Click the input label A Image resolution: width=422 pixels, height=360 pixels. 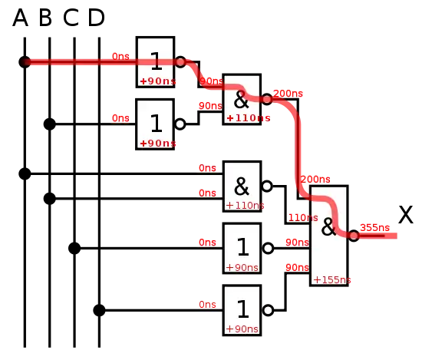[x=20, y=18]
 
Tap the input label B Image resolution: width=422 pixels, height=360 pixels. [x=45, y=18]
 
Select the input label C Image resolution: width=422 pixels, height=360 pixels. [x=71, y=18]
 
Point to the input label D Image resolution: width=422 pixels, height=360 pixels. [x=97, y=18]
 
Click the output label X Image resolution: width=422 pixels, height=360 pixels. [x=406, y=215]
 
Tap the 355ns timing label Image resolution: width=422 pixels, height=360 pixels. [x=374, y=228]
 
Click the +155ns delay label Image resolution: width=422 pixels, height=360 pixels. [x=332, y=280]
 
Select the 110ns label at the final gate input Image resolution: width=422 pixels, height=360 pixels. [x=303, y=217]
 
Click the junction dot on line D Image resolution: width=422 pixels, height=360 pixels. [x=99, y=310]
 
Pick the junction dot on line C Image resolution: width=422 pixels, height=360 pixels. [x=74, y=248]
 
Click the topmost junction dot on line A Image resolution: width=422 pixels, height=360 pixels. [x=25, y=62]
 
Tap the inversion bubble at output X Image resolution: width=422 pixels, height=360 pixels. [x=354, y=236]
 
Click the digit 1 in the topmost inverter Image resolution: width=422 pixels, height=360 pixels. [x=156, y=61]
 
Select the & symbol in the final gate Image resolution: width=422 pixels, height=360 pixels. [x=328, y=226]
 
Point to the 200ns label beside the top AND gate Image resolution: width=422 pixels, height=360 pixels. [x=288, y=94]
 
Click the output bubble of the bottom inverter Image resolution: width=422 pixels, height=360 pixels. [x=268, y=310]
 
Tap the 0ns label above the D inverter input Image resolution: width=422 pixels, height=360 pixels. [x=207, y=305]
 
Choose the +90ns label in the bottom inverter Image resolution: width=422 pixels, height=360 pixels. [x=242, y=329]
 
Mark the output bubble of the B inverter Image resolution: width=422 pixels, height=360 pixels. [x=180, y=124]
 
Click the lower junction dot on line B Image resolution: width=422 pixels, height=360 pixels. [x=50, y=199]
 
